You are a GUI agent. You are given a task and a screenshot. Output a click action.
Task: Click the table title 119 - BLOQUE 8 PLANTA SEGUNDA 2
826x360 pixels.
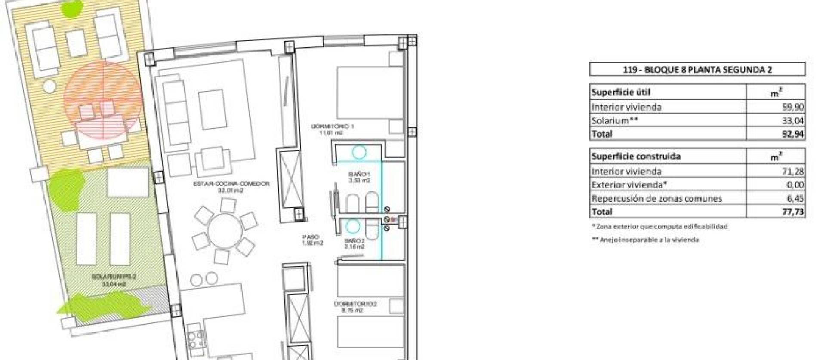[697, 70]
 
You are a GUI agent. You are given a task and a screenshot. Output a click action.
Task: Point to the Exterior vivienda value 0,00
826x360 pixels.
[795, 185]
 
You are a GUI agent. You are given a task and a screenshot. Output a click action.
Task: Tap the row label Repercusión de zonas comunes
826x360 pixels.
[656, 198]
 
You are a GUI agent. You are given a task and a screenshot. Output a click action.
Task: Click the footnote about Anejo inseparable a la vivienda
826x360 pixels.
[645, 240]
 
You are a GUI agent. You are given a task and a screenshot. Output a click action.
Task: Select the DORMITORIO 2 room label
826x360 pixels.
[355, 304]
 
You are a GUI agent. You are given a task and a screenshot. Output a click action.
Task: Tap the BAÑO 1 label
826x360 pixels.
[358, 174]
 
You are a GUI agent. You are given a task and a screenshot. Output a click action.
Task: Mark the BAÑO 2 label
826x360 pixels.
[354, 241]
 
